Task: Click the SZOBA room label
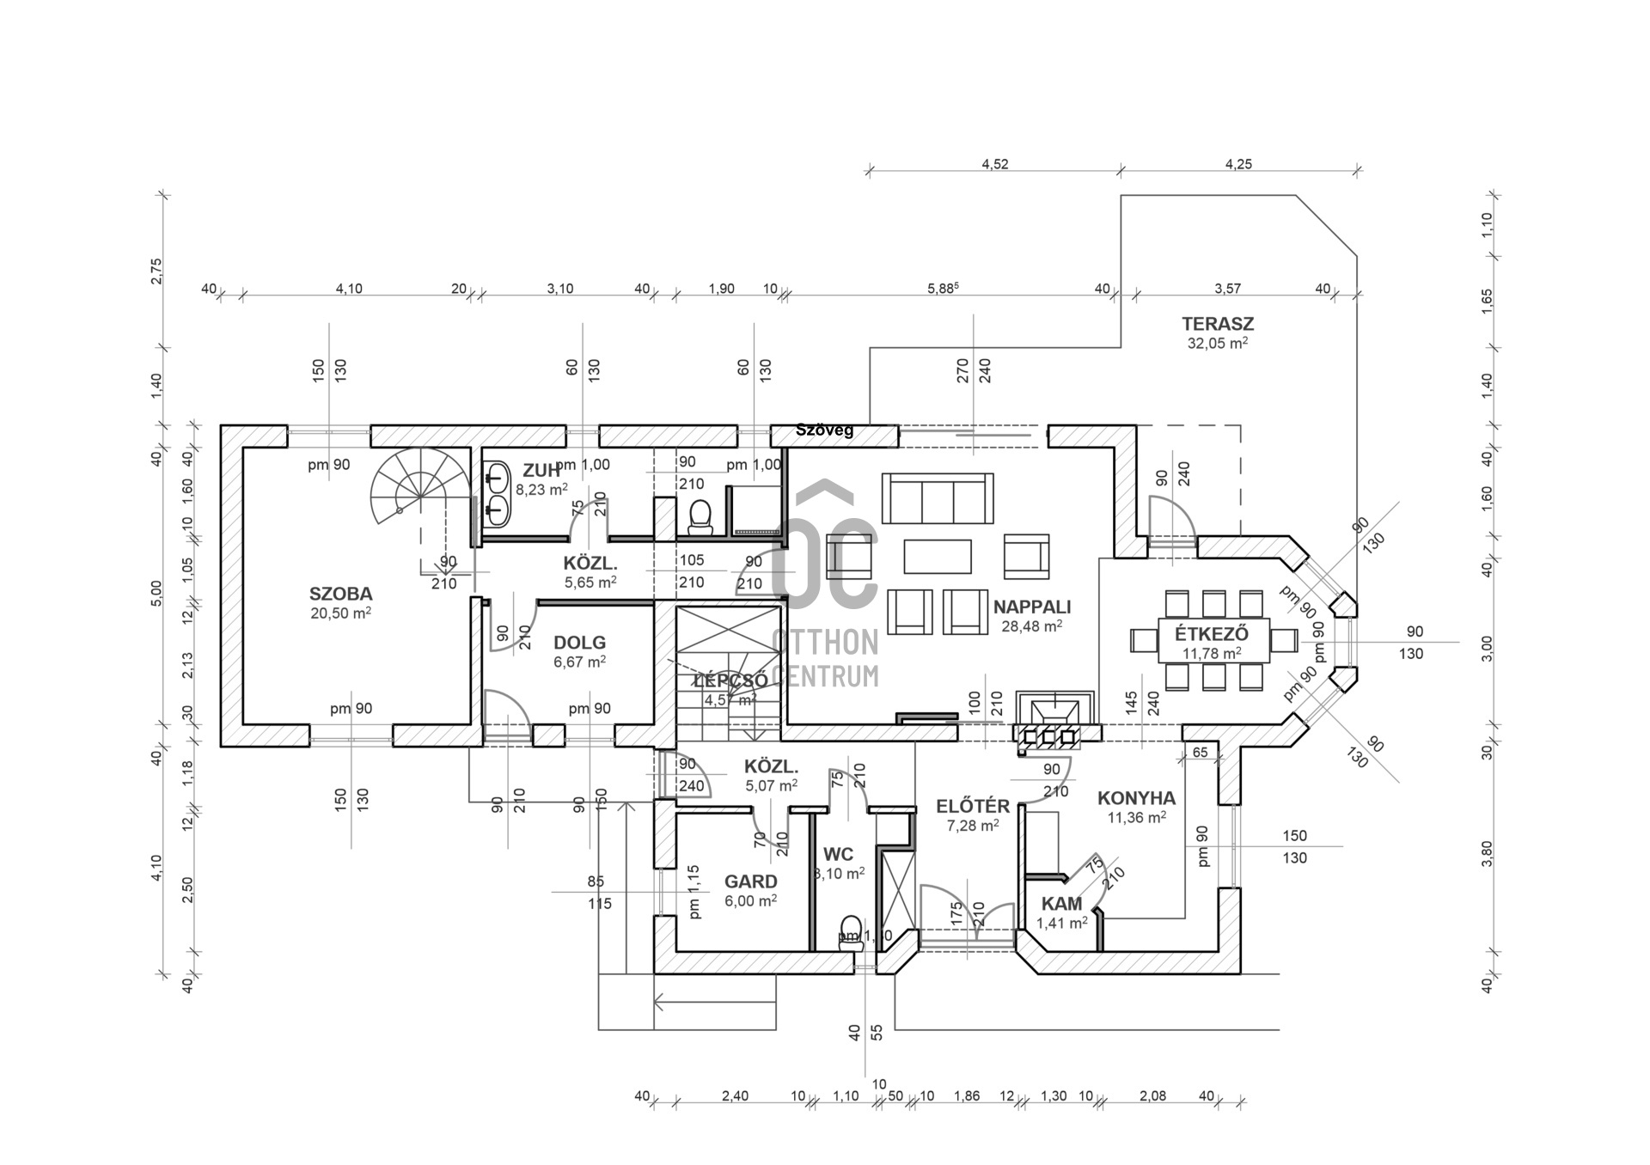(x=340, y=594)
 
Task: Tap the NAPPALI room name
(x=1031, y=607)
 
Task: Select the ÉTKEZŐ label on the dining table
(x=1212, y=635)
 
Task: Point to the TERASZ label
(x=1217, y=324)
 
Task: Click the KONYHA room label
(x=1136, y=798)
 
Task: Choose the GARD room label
(x=750, y=881)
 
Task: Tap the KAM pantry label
(x=1061, y=904)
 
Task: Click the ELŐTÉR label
(x=972, y=807)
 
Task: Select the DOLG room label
(x=579, y=643)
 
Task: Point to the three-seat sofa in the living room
(x=937, y=497)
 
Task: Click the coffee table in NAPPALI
(x=937, y=556)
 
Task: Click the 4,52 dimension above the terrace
(x=994, y=164)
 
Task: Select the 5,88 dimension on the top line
(x=942, y=289)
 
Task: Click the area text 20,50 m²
(x=340, y=613)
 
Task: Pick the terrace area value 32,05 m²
(x=1217, y=343)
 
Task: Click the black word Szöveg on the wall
(x=824, y=430)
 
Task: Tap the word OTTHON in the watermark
(x=825, y=642)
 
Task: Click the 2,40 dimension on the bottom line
(x=735, y=1095)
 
